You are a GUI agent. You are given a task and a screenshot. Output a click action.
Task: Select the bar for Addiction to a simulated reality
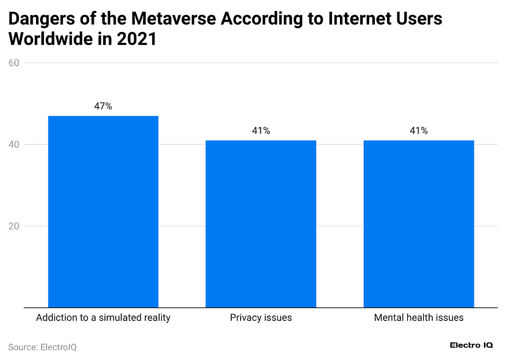click(x=103, y=212)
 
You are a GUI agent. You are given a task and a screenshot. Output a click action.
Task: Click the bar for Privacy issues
click(x=261, y=224)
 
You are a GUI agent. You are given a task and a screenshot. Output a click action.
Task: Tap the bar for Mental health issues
click(x=419, y=224)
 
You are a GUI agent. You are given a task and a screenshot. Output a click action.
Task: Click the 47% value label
click(x=103, y=106)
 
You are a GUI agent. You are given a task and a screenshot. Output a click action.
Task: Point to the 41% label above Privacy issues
click(x=261, y=131)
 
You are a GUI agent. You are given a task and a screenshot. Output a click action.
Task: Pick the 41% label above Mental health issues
click(x=419, y=131)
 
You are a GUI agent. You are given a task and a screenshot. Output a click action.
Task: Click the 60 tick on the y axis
click(x=14, y=63)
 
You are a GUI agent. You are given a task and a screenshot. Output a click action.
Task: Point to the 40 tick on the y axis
click(x=14, y=144)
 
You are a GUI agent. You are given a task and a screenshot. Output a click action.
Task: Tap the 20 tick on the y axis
click(x=14, y=226)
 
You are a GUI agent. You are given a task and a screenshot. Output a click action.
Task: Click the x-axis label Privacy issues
click(x=261, y=317)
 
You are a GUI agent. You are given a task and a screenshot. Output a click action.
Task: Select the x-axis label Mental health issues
click(x=419, y=317)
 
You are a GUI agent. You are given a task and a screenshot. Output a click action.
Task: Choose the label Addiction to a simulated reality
click(x=103, y=317)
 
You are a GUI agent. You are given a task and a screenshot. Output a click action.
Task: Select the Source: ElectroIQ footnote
click(x=42, y=347)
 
